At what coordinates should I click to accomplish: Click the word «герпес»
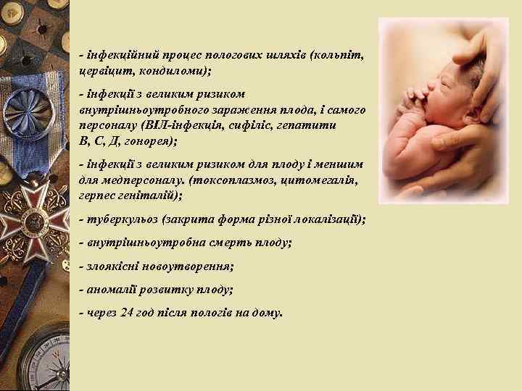[98, 195]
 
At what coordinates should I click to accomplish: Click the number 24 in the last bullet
[132, 313]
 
